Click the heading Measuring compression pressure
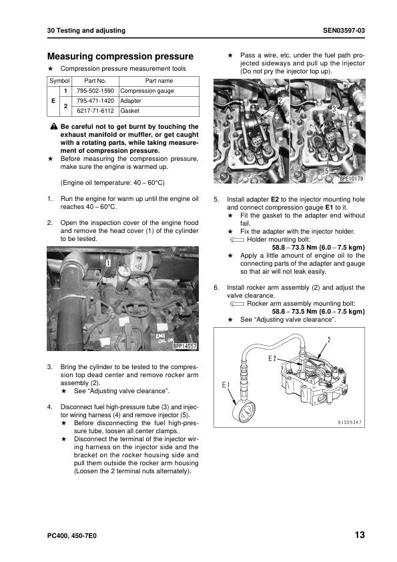[120, 56]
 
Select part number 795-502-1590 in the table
[95, 91]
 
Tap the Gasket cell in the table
[129, 111]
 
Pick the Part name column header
[159, 81]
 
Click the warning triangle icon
[54, 127]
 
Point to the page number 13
[360, 535]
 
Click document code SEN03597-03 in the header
[344, 31]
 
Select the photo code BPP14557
[185, 346]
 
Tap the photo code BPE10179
[351, 178]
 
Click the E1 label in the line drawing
[226, 385]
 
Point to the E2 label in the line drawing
[272, 358]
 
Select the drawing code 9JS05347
[350, 423]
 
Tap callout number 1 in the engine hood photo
[107, 264]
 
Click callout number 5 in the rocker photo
[326, 171]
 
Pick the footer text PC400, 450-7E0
[71, 536]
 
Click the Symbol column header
[59, 81]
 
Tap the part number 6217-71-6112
[95, 111]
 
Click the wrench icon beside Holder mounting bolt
[237, 240]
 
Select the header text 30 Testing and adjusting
[86, 31]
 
